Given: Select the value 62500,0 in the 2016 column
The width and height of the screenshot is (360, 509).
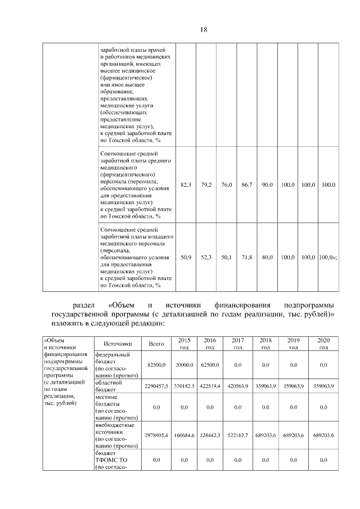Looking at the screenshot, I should point(210,365).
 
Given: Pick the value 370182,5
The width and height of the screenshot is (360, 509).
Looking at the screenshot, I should point(184,386).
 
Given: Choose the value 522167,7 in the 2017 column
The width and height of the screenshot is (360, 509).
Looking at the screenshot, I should point(238,436).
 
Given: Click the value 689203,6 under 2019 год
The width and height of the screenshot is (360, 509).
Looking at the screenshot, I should point(293,436).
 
